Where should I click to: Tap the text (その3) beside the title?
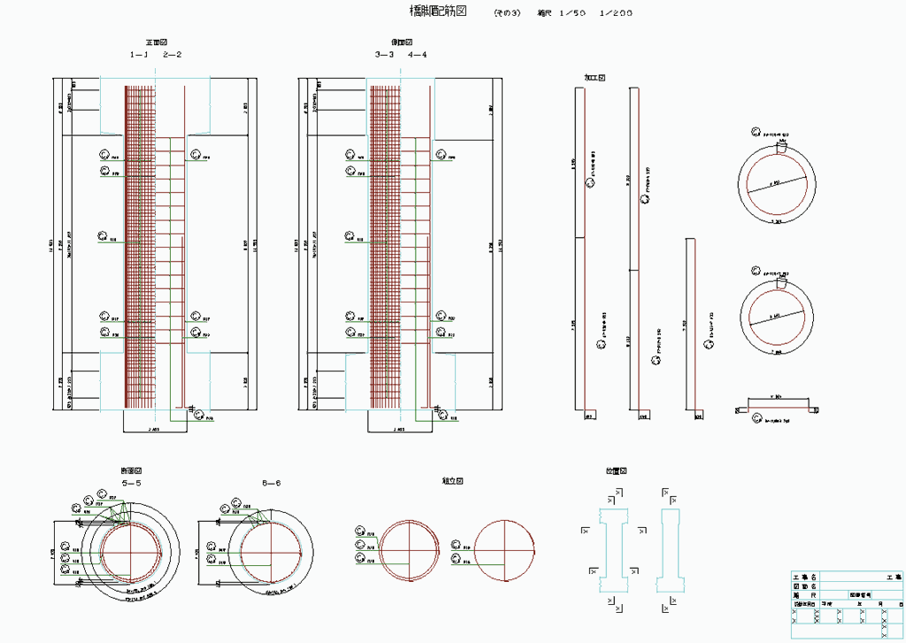click(x=507, y=12)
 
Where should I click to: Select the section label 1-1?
click(x=139, y=55)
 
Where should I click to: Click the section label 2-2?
click(x=172, y=55)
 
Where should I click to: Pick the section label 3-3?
click(x=384, y=55)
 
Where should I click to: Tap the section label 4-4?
click(x=418, y=55)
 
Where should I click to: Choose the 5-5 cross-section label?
click(x=132, y=484)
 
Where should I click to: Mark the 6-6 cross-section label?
click(x=272, y=484)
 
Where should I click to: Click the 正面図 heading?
click(x=157, y=42)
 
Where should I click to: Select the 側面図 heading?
click(x=403, y=42)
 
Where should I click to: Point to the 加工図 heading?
click(x=594, y=78)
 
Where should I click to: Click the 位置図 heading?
click(x=616, y=471)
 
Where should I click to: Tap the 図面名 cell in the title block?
click(x=804, y=586)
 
